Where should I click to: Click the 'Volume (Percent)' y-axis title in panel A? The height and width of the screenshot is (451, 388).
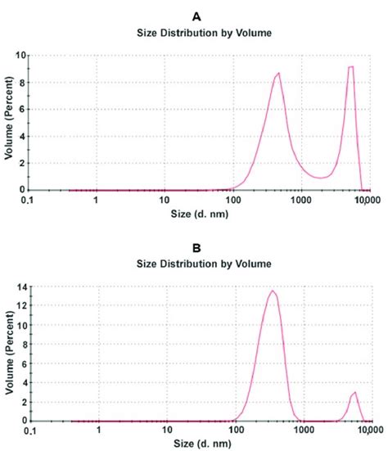click(x=8, y=123)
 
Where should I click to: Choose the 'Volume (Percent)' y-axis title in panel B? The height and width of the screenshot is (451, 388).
click(x=8, y=354)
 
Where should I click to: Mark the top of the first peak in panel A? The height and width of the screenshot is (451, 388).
click(x=279, y=73)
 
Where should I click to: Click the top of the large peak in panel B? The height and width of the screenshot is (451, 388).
click(x=273, y=291)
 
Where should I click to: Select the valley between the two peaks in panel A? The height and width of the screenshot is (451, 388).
click(x=320, y=178)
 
